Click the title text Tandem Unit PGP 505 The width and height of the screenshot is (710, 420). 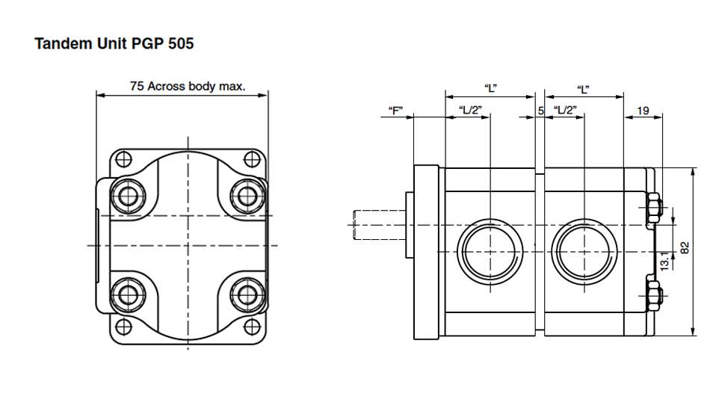pos(114,43)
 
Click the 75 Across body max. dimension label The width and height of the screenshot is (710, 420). pos(187,86)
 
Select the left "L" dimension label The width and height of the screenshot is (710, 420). pos(490,89)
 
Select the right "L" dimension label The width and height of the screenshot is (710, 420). pos(584,89)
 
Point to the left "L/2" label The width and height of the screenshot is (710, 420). pos(471,111)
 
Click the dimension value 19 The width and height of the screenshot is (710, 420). pos(643,111)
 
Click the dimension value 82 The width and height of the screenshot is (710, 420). pos(685,247)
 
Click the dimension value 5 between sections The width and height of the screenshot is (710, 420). pos(540,111)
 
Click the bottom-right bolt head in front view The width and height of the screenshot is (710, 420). pos(247,292)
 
